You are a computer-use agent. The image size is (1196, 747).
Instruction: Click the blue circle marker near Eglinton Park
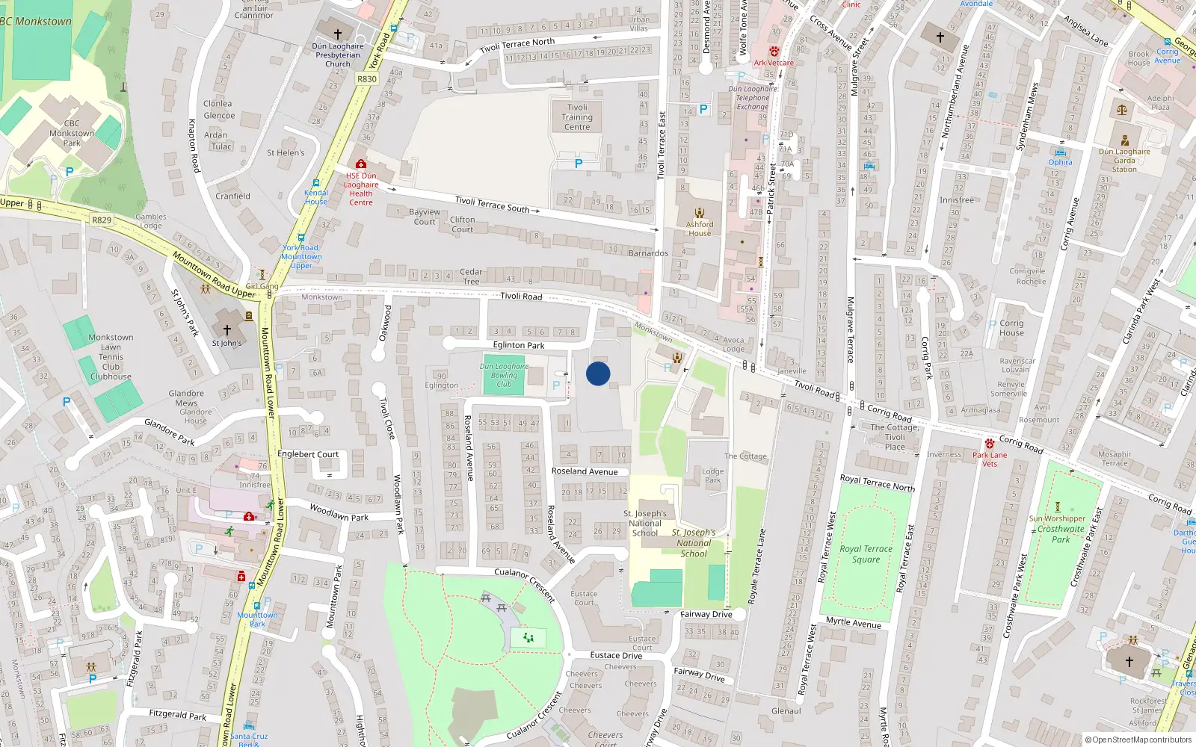click(x=598, y=373)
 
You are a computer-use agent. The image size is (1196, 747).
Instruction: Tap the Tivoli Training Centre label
click(x=577, y=117)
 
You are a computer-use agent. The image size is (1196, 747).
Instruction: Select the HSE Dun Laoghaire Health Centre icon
click(x=361, y=164)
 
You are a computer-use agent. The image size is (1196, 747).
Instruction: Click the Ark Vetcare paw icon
click(x=774, y=52)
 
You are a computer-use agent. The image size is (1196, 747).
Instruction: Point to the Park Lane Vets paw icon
click(x=990, y=444)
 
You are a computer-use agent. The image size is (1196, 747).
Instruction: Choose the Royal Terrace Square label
click(x=866, y=554)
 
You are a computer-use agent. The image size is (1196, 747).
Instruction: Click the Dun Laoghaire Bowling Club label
click(x=504, y=375)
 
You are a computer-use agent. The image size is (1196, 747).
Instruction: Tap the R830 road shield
click(x=367, y=79)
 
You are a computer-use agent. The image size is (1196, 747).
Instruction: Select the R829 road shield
click(x=102, y=220)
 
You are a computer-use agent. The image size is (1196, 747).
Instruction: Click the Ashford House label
click(x=700, y=229)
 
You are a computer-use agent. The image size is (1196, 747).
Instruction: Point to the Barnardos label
click(x=648, y=253)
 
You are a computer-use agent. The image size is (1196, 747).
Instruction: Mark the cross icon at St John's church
click(x=227, y=329)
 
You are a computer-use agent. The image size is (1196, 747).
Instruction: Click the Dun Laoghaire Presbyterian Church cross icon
click(x=338, y=34)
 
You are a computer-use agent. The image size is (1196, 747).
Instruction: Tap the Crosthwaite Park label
click(x=1061, y=534)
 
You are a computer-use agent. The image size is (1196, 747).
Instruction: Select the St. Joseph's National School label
click(x=645, y=523)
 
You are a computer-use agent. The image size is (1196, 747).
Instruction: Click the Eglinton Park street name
click(x=519, y=345)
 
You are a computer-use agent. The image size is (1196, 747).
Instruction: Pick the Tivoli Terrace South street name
click(x=492, y=204)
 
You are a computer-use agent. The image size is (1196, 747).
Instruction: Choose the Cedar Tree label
click(x=471, y=276)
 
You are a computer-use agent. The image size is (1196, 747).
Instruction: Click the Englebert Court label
click(x=308, y=453)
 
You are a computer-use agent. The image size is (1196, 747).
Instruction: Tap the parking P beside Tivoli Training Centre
click(x=579, y=164)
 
